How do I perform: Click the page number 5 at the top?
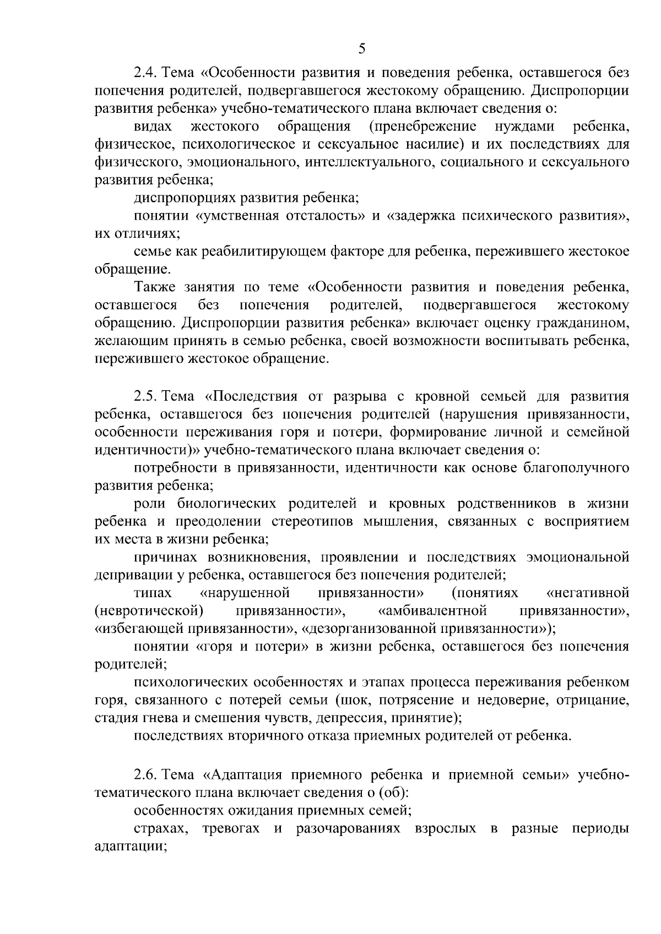pos(361,48)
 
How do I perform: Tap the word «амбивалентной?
pos(433,611)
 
